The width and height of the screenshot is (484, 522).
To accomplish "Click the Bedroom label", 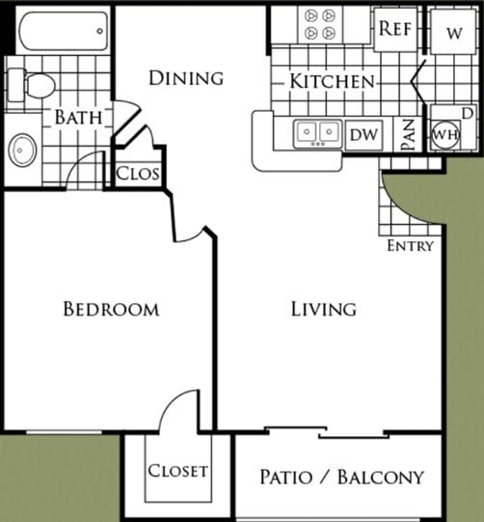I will coord(111,309).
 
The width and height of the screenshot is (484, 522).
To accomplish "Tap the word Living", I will coord(324,309).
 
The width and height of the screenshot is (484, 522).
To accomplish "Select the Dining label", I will coord(186,77).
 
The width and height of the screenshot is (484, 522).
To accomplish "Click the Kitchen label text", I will coord(332,81).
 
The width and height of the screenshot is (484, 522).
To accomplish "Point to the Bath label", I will coord(78,117).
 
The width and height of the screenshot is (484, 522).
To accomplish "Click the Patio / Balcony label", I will coord(341,477).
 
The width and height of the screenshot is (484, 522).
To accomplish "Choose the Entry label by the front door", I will coord(410,245).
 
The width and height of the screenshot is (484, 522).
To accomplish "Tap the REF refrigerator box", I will coord(394,28).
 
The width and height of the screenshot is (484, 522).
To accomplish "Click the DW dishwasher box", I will coord(363,134).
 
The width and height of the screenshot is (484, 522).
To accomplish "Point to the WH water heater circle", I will coord(445,133).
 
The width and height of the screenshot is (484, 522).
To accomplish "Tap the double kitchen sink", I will coord(318,132).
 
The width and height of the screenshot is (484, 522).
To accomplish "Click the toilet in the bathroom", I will coord(36,85).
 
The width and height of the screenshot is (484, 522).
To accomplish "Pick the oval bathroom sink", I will coord(23,150).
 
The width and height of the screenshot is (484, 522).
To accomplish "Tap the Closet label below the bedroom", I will coord(177,471).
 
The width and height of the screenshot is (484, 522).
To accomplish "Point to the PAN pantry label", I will coord(407,134).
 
